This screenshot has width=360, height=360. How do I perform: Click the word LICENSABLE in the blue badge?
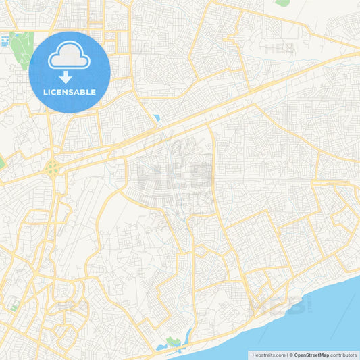pos(70,92)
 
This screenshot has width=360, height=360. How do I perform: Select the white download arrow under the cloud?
pos(66,76)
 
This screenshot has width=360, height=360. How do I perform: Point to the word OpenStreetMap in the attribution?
pos(311,355)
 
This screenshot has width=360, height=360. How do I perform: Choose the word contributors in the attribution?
pos(344,355)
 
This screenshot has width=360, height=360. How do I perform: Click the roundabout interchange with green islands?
pos(52,169)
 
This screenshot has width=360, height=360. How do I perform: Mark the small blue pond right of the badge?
pos(157,118)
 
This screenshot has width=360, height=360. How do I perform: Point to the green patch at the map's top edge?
pos(282,3)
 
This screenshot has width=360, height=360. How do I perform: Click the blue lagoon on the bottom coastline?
pos(162,347)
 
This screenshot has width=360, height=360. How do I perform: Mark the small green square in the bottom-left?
pos(14,307)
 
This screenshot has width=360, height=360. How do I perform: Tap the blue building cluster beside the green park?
pos(6,41)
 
